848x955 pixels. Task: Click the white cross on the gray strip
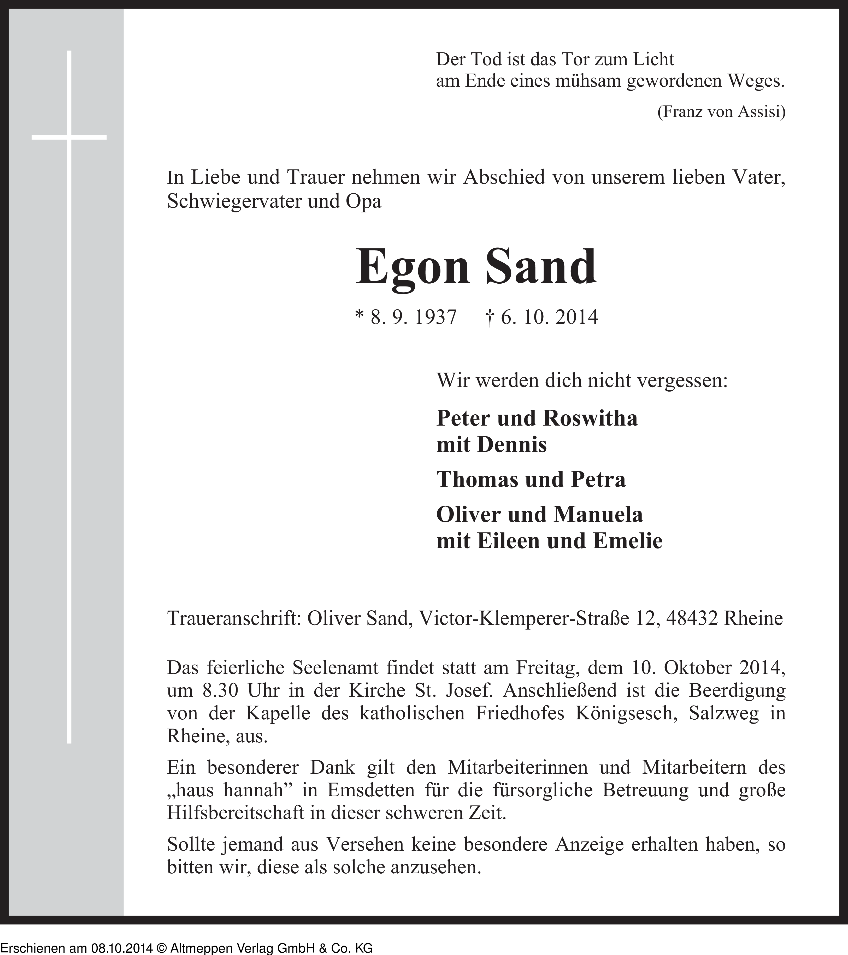[69, 137]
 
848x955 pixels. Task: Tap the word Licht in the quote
[653, 59]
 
